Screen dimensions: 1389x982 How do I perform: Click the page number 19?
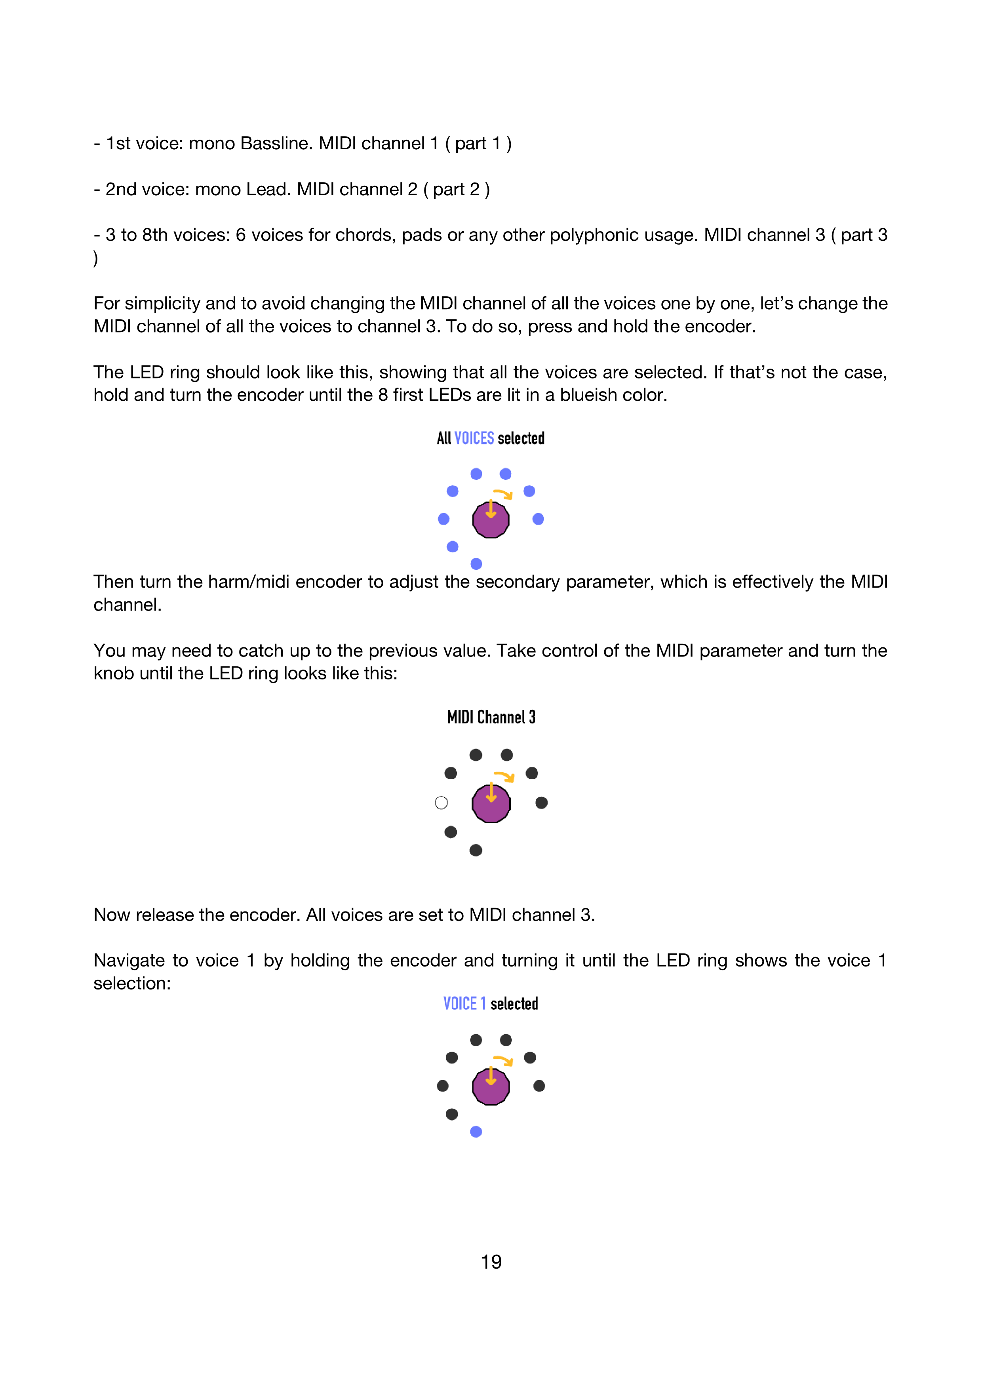click(x=491, y=1262)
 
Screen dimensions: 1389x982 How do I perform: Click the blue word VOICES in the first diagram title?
click(x=474, y=438)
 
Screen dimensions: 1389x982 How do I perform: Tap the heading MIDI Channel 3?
click(x=491, y=717)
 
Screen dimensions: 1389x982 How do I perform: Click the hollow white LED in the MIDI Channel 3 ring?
click(x=441, y=803)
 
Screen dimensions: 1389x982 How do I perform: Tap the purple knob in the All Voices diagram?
click(x=491, y=519)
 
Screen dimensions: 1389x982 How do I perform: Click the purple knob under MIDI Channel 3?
click(x=491, y=803)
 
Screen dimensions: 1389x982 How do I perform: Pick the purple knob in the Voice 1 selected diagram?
click(x=491, y=1086)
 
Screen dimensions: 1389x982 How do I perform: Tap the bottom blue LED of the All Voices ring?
click(x=476, y=564)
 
